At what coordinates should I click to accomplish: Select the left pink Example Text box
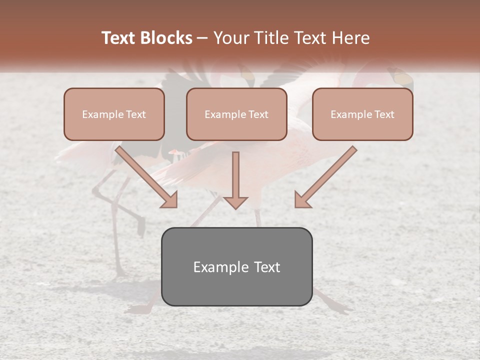[114, 114]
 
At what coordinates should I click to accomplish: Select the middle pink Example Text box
[236, 114]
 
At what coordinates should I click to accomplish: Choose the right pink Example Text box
[362, 114]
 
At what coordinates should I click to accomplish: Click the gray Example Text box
[236, 266]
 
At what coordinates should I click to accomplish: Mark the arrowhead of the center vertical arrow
[235, 202]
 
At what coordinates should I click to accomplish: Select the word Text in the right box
[384, 114]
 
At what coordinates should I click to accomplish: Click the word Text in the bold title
[119, 38]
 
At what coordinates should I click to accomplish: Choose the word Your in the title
[230, 38]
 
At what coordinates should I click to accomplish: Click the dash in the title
[202, 38]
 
